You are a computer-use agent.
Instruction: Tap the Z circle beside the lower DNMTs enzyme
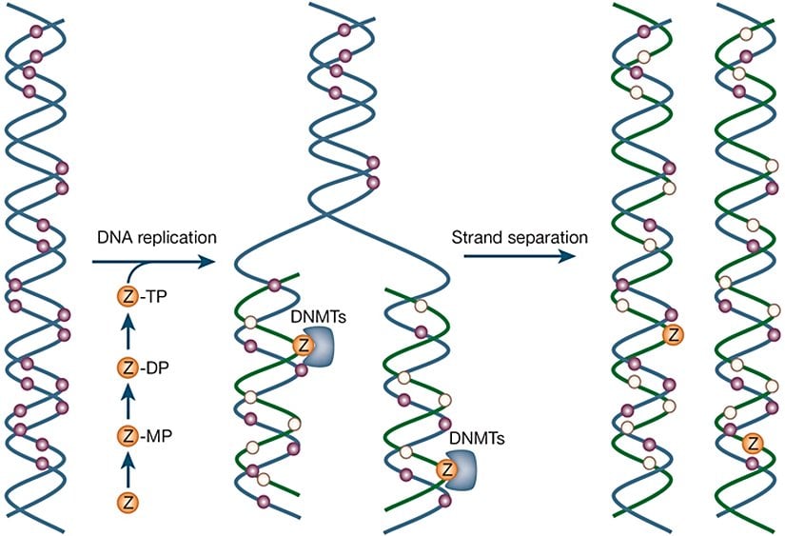pyautogui.click(x=443, y=469)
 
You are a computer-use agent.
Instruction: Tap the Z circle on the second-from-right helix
pyautogui.click(x=674, y=333)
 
